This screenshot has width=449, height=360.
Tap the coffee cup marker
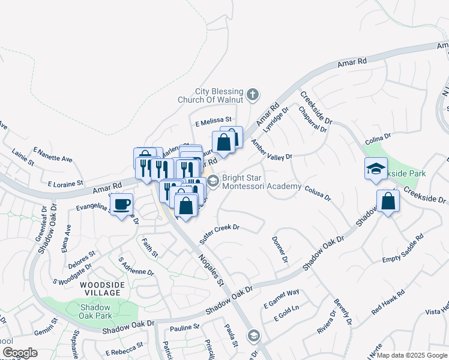(x=122, y=205)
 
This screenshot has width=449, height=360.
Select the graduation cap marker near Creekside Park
(x=376, y=169)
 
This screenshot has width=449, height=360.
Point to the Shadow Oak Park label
(x=95, y=311)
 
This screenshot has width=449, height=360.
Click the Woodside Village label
(x=101, y=288)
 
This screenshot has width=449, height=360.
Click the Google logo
(x=20, y=353)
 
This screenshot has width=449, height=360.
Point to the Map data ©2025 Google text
(x=412, y=355)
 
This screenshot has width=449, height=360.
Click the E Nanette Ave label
(x=53, y=155)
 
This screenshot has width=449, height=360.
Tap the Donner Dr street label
(x=280, y=249)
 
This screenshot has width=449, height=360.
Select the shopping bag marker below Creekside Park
(x=388, y=202)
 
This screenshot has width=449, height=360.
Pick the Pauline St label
(x=184, y=328)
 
